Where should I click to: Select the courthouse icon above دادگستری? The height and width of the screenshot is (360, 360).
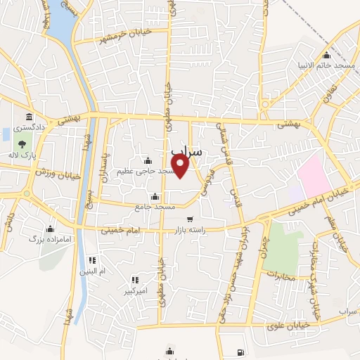pyautogui.click(x=29, y=117)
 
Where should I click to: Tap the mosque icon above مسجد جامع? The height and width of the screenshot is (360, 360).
pyautogui.click(x=155, y=196)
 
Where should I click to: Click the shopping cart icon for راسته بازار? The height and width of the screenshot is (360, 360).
pyautogui.click(x=190, y=219)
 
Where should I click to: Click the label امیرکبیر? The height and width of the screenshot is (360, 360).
pyautogui.click(x=134, y=290)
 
